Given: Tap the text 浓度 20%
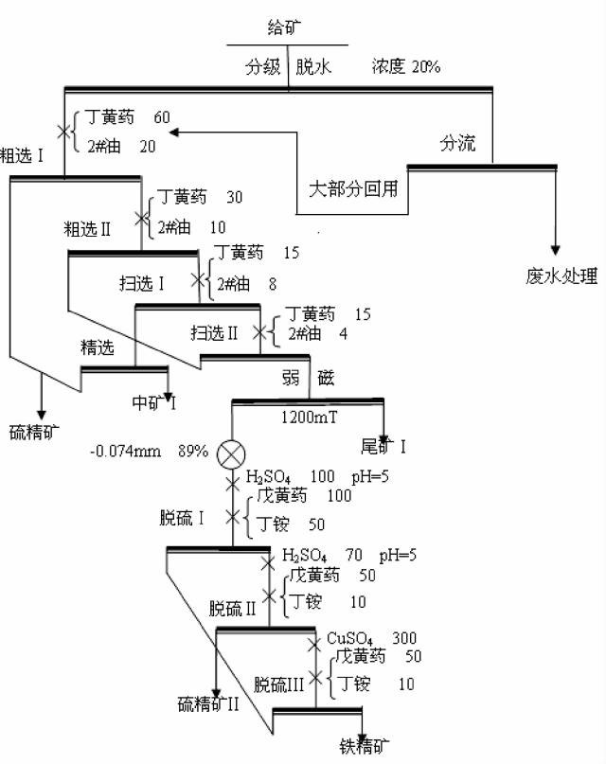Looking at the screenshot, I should (406, 67).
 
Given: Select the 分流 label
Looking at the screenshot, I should (457, 145).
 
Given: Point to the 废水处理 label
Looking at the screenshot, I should (562, 276).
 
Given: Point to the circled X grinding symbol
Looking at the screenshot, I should (231, 453).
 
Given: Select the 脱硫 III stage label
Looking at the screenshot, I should (278, 683).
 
